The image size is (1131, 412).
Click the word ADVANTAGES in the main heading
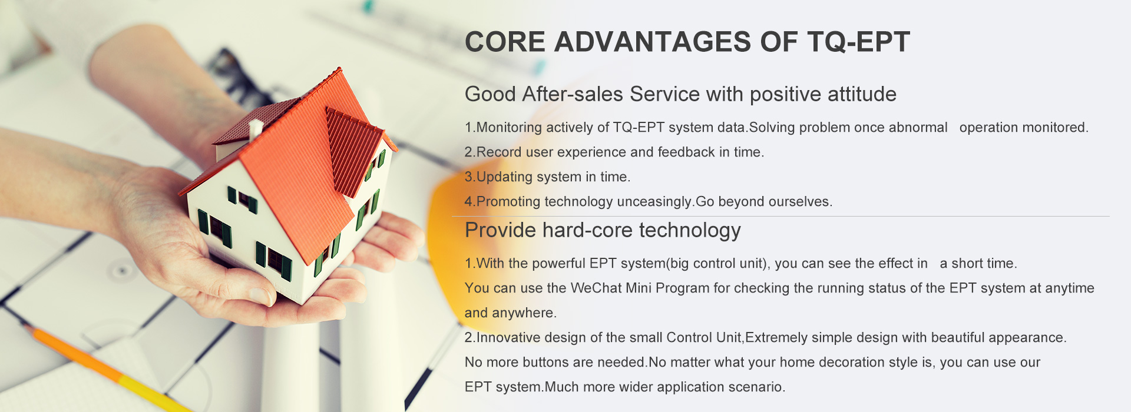point(653,42)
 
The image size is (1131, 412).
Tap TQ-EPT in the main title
point(859,42)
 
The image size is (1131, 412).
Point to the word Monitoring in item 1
point(509,128)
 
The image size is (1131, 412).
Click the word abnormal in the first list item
point(918,128)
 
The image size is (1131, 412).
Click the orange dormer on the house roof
point(353,150)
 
